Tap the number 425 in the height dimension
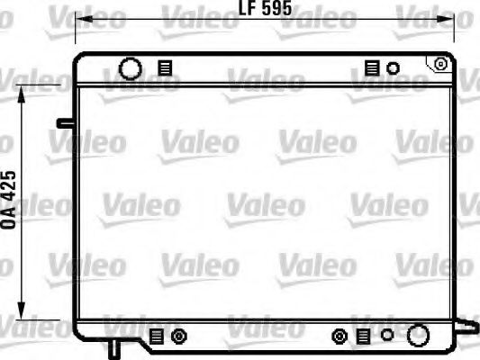pyautogui.click(x=10, y=190)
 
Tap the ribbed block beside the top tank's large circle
pyautogui.click(x=163, y=68)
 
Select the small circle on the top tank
pyautogui.click(x=393, y=67)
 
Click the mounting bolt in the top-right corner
pyautogui.click(x=440, y=63)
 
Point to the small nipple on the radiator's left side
pyautogui.click(x=64, y=121)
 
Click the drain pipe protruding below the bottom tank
pyautogui.click(x=114, y=348)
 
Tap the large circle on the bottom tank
pyautogui.click(x=417, y=337)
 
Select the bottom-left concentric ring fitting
pyautogui.click(x=177, y=337)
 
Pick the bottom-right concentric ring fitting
pyautogui.click(x=340, y=337)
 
